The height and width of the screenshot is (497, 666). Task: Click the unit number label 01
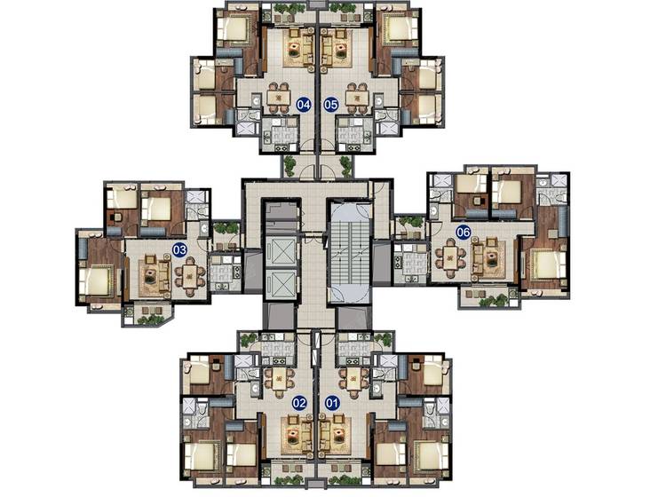pos(332,402)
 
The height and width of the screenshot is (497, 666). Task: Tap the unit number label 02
pos(299,402)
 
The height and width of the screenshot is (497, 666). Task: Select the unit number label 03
pos(179,249)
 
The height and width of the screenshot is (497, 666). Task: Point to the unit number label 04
pos(304,104)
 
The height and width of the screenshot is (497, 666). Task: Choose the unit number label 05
pos(331,104)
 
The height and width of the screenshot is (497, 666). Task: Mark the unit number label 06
pos(464,233)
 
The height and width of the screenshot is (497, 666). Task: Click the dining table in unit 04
pos(278,98)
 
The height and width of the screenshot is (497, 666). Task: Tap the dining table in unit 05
pos(356,98)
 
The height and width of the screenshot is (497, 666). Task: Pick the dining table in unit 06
pos(450,257)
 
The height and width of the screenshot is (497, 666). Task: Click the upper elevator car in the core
pos(281,251)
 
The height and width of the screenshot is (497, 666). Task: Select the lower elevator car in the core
pos(281,283)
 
